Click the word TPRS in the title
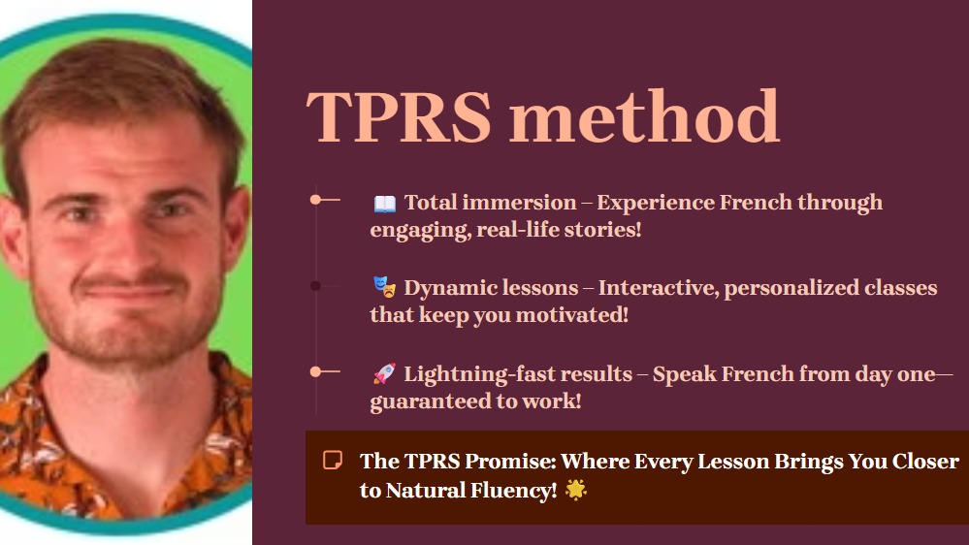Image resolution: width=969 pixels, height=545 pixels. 399,116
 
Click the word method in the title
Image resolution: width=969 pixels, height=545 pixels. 645,115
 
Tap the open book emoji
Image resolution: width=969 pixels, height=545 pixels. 385,204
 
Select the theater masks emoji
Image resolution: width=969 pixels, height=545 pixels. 384,287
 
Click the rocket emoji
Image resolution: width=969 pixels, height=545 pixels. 384,373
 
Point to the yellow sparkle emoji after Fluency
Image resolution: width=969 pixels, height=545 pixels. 576,490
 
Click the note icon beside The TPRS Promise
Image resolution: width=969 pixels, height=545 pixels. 333,461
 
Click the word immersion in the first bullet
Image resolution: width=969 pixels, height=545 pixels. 519,203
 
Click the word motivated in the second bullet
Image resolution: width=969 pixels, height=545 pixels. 571,315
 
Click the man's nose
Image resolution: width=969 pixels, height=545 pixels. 127,244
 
